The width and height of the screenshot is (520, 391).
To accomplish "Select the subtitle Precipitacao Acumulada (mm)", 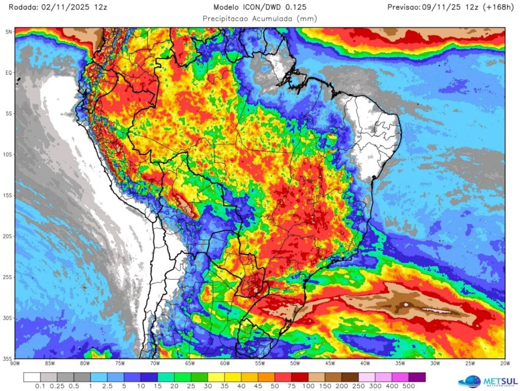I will tap(259, 18).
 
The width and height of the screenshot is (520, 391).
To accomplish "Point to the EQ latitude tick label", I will tap(9, 73).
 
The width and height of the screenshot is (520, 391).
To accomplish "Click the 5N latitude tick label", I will tap(9, 32).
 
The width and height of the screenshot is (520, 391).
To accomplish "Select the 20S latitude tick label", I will tap(8, 236).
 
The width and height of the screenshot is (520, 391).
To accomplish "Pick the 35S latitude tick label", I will tap(8, 358).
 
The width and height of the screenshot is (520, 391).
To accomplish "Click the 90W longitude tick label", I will tap(15, 364).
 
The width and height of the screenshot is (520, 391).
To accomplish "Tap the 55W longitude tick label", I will tap(260, 364).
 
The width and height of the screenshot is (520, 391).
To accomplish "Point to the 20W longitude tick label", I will tap(504, 364).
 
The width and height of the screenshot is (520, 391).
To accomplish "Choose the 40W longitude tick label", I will tap(365, 364).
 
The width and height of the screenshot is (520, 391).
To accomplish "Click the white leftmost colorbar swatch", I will tap(32, 377).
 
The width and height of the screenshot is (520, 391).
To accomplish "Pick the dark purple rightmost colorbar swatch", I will tap(417, 377).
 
